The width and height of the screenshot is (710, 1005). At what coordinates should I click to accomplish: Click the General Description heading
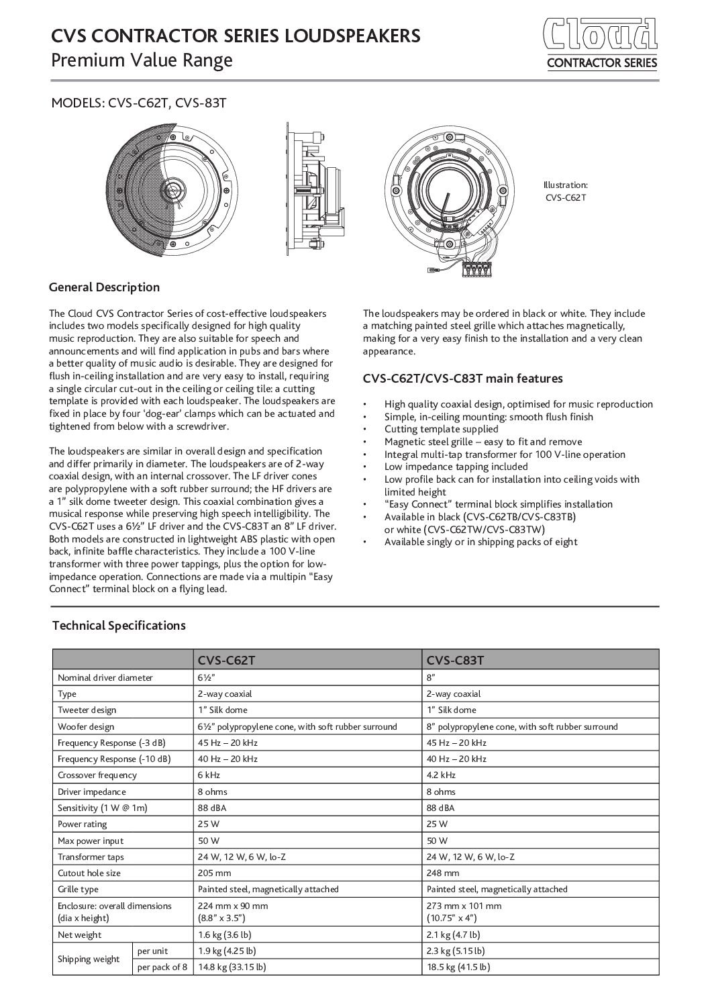(105, 287)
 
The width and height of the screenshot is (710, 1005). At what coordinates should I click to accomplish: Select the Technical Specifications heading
(119, 626)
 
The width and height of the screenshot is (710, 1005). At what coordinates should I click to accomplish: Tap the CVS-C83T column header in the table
(455, 661)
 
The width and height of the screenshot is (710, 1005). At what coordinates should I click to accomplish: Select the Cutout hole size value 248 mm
(443, 873)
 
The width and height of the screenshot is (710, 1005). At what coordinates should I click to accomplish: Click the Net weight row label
(80, 935)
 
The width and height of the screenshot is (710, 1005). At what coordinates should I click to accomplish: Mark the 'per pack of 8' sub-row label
(162, 967)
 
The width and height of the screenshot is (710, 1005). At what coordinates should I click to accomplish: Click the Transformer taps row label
(91, 857)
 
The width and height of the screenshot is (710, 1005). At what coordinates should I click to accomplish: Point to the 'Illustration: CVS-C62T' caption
(565, 191)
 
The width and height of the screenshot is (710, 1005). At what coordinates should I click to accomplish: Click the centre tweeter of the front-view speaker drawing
(183, 189)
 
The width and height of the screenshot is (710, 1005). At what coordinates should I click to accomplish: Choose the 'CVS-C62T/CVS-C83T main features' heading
(463, 379)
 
